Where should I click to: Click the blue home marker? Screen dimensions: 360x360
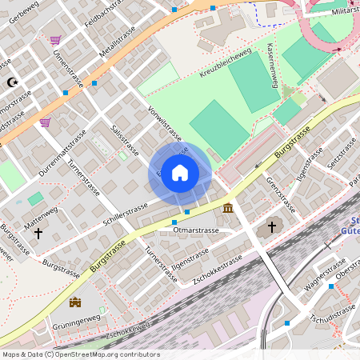tap(180, 173)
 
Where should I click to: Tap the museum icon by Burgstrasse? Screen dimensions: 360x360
tap(229, 209)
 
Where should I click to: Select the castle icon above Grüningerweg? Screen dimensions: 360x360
tap(76, 302)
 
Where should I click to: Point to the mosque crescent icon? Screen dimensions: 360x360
tap(11, 82)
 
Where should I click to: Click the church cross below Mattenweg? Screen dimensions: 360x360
tap(38, 233)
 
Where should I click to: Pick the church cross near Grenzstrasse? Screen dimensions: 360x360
tap(271, 228)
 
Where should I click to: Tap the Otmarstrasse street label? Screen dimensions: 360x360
tap(196, 230)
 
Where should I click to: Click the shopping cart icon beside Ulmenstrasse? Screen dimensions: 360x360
tap(55, 40)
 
